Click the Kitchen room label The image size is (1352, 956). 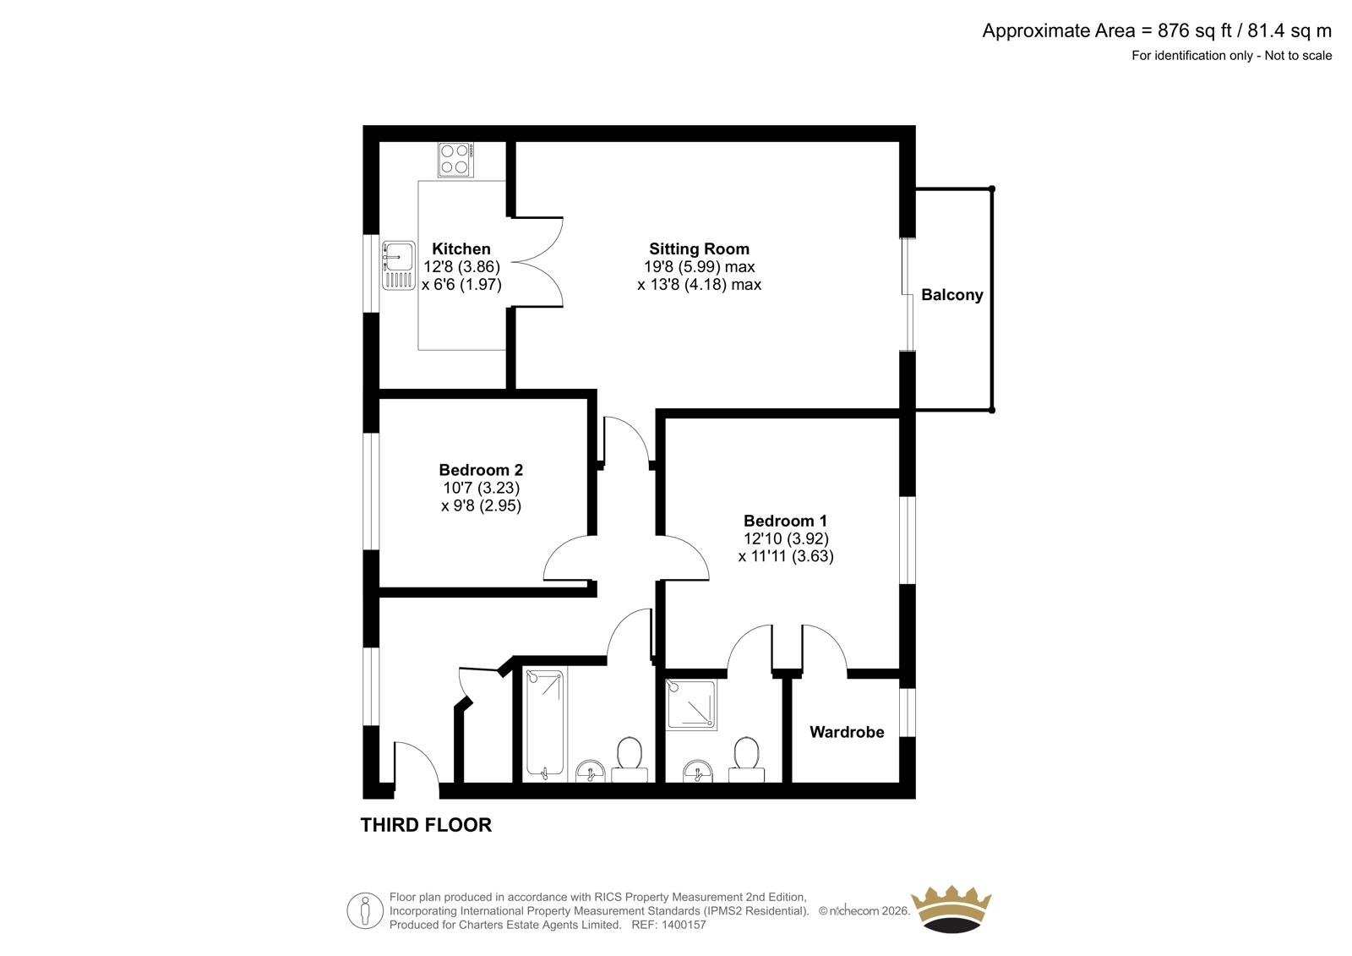pyautogui.click(x=461, y=249)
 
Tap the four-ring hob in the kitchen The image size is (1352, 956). pyautogui.click(x=455, y=159)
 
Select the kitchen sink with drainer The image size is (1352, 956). pyautogui.click(x=398, y=265)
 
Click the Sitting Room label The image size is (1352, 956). pyautogui.click(x=699, y=249)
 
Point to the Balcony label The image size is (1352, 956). pyautogui.click(x=951, y=295)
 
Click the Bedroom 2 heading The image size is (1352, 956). pyautogui.click(x=481, y=470)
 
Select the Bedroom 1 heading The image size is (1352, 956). pyautogui.click(x=785, y=521)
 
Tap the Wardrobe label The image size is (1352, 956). pyautogui.click(x=847, y=732)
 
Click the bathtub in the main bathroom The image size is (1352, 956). pyautogui.click(x=545, y=724)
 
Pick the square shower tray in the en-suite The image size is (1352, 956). pyautogui.click(x=691, y=704)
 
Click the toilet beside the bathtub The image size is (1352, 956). pyautogui.click(x=630, y=760)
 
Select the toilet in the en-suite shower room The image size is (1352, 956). pyautogui.click(x=747, y=760)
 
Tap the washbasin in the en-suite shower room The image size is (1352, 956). pyautogui.click(x=698, y=771)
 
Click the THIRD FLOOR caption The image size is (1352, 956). pyautogui.click(x=426, y=825)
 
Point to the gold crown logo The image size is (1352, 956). pyautogui.click(x=951, y=909)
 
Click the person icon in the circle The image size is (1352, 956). pyautogui.click(x=365, y=910)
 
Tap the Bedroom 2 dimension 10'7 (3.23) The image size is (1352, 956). pyautogui.click(x=481, y=488)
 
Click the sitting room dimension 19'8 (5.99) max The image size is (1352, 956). pyautogui.click(x=699, y=266)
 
